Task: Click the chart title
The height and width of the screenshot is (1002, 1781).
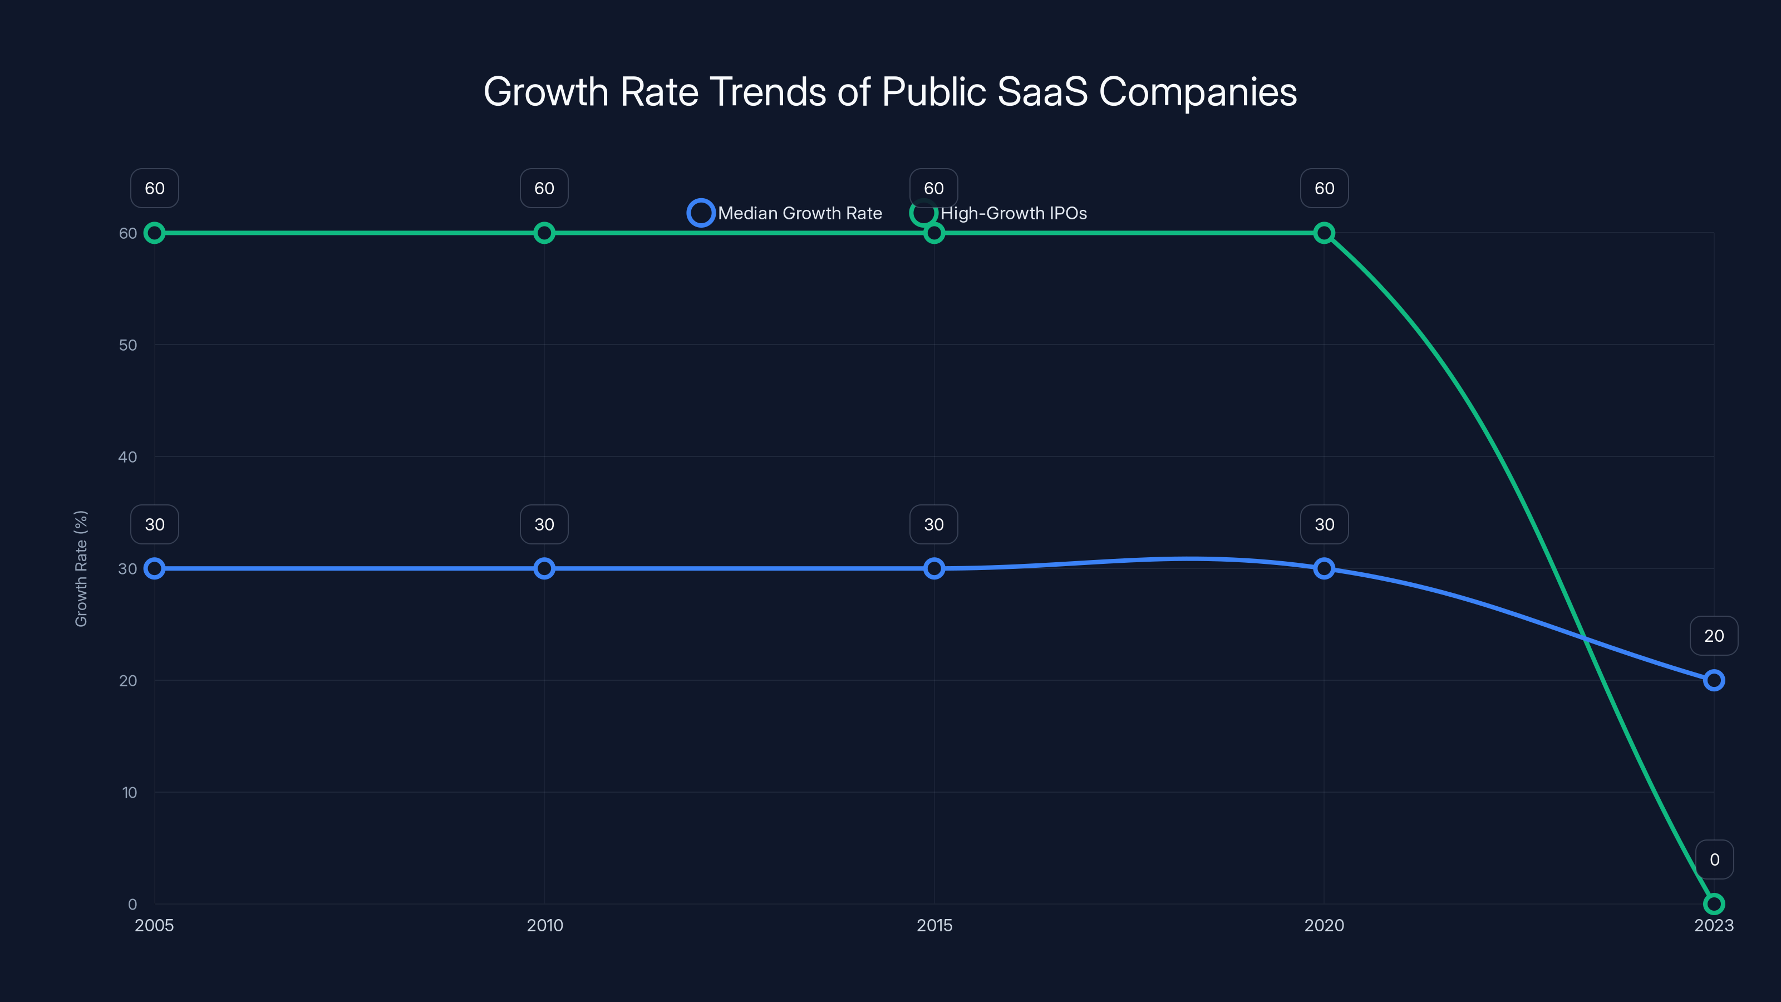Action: pos(890,92)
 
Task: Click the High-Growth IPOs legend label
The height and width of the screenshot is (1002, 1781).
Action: pos(1013,213)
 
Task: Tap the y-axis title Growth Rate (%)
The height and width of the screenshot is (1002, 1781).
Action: pos(81,568)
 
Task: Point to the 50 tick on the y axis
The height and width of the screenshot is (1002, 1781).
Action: pos(128,345)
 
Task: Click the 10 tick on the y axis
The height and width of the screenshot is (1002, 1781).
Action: pos(129,793)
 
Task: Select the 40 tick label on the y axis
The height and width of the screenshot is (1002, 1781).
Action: pos(128,457)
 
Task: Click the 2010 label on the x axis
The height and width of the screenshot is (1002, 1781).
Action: pos(545,925)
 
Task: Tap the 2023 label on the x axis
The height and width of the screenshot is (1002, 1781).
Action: pos(1713,925)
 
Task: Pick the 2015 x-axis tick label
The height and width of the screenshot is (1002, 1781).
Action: pos(934,925)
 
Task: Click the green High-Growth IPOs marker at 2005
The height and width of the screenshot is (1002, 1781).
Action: pos(154,233)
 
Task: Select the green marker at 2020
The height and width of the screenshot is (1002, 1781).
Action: pos(1324,233)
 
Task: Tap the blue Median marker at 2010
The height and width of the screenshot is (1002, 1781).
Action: pos(544,568)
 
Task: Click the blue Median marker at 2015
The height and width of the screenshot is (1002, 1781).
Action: pos(934,568)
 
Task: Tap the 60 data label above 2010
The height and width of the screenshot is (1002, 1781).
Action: pos(544,188)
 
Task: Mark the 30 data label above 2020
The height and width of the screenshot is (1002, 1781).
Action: pos(1324,524)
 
